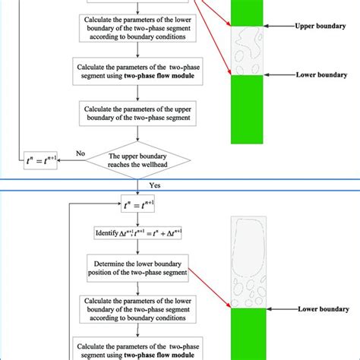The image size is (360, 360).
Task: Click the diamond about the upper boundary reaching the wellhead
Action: click(138, 159)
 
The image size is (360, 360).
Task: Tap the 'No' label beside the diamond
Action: click(80, 153)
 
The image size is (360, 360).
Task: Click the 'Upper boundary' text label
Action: click(316, 25)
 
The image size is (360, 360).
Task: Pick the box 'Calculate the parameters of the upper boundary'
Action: click(138, 115)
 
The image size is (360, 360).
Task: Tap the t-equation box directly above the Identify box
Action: click(138, 204)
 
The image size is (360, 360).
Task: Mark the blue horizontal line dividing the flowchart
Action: click(180, 178)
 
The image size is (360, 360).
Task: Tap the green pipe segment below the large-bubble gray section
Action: click(248, 334)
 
